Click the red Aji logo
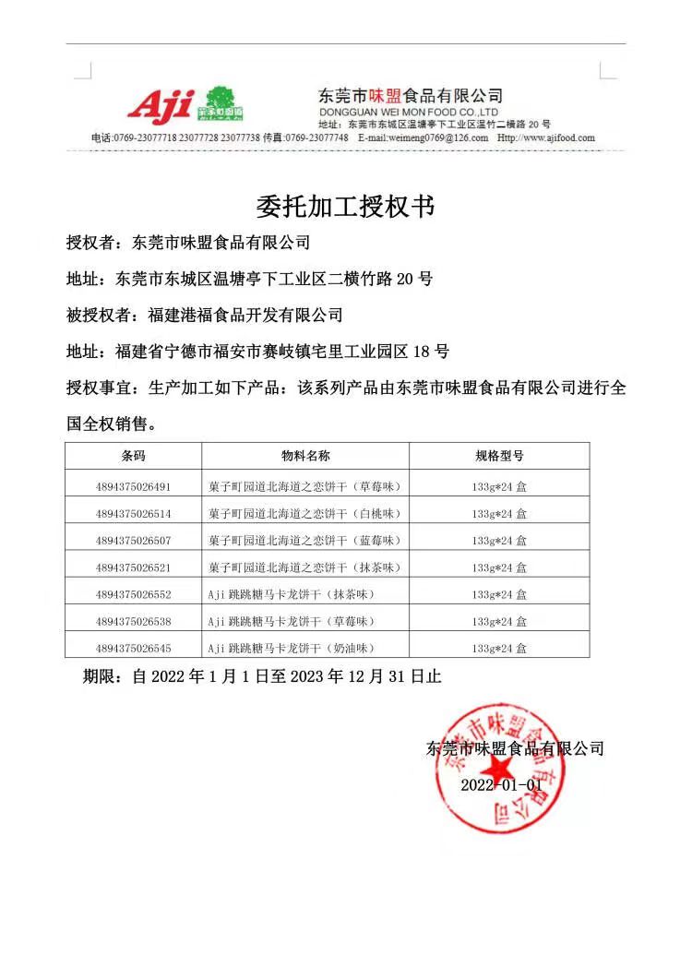pos(161,105)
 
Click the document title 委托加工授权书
pos(344,205)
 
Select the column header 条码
pos(133,456)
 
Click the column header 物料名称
pos(305,456)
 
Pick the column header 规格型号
pos(498,456)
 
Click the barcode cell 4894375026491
pos(133,486)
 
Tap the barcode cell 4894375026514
pos(133,513)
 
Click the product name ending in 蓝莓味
pos(305,540)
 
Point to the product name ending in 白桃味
pos(305,513)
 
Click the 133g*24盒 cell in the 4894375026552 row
pos(499,593)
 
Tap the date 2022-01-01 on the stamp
pos(501,784)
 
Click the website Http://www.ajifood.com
pos(545,137)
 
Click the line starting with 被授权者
pos(204,316)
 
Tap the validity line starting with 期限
pos(262,676)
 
